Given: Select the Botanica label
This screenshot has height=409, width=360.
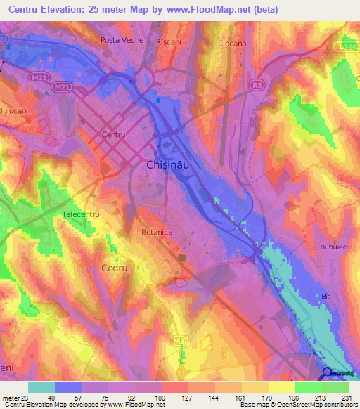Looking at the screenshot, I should tap(157, 231).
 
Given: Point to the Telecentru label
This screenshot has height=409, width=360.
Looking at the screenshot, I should tap(82, 214).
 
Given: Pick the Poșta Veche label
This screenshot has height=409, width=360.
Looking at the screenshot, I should tap(122, 41).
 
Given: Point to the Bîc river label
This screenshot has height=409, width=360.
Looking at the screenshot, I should tap(325, 297).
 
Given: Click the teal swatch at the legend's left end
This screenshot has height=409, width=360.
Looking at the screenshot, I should tap(41, 387).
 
